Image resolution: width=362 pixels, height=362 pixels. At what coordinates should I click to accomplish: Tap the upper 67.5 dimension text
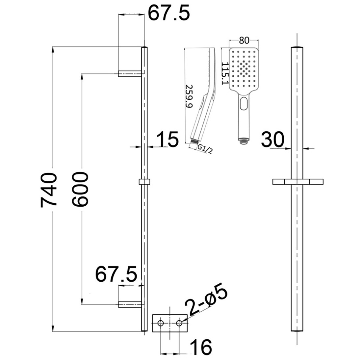tap(168, 13)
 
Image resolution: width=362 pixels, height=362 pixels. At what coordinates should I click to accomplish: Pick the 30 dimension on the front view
tap(272, 140)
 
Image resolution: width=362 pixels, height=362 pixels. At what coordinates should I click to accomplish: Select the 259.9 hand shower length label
tap(189, 96)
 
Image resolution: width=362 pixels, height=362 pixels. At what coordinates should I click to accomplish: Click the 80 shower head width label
tap(244, 40)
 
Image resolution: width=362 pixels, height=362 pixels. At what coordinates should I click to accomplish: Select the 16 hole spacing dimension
tap(201, 347)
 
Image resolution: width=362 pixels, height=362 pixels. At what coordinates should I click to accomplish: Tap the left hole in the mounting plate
tap(161, 323)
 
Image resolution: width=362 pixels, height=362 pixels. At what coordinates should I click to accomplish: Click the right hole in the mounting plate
tap(179, 323)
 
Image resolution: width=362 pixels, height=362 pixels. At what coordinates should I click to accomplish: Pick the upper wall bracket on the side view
tap(130, 73)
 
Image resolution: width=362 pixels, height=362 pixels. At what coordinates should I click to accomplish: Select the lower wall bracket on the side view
tap(130, 304)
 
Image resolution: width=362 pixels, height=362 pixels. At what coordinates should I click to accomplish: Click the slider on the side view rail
tap(144, 182)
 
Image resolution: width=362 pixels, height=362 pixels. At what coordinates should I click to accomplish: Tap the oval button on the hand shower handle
tap(244, 103)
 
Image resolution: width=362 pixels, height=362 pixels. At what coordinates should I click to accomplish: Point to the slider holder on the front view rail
tap(298, 181)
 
